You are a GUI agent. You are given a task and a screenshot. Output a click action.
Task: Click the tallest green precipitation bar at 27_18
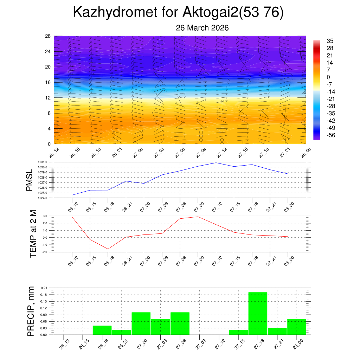point(258,313)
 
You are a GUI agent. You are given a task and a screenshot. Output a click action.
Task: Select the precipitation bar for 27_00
point(141,323)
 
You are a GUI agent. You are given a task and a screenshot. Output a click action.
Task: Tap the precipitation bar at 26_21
point(122,332)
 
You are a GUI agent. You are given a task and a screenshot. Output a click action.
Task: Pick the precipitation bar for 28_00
point(297,327)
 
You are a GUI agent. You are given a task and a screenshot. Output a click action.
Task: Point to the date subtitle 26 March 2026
point(202,28)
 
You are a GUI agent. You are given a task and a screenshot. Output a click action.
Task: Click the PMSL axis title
point(30,180)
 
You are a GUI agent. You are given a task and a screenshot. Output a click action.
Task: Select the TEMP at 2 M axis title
point(33,234)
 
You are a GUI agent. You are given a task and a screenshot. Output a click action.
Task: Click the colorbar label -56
point(331,135)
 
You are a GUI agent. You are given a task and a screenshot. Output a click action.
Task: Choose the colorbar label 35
point(330,41)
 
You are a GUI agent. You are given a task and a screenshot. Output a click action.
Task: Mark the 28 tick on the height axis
point(48,36)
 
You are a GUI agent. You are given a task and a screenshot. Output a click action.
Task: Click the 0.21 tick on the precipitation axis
point(44,288)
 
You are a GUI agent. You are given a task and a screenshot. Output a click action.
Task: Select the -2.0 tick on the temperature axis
point(45,252)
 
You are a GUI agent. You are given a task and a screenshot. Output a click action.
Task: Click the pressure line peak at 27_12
point(216,163)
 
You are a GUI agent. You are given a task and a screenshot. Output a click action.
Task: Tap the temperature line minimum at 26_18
point(108,249)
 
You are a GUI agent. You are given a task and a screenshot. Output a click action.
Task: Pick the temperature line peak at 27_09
point(198,217)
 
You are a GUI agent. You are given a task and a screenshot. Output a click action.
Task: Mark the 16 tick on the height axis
point(48,82)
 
